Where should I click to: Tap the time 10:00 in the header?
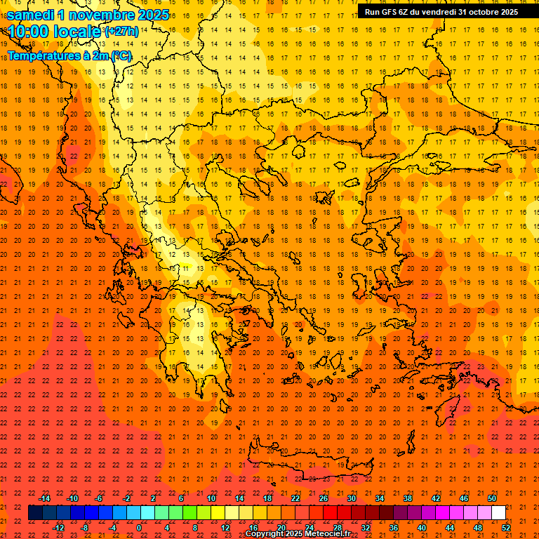pyautogui.click(x=31, y=32)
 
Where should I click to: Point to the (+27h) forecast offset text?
pyautogui.click(x=121, y=32)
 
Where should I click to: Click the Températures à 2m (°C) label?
pyautogui.click(x=69, y=55)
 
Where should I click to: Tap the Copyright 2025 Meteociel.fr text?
pyautogui.click(x=298, y=534)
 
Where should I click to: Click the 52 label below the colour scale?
pyautogui.click(x=506, y=528)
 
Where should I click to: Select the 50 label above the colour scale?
pyautogui.click(x=492, y=498)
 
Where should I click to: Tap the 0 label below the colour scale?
pyautogui.click(x=139, y=528)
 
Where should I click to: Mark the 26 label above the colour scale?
pyautogui.click(x=324, y=498)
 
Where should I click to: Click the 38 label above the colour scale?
pyautogui.click(x=408, y=498)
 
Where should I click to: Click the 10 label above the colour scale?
pyautogui.click(x=211, y=498)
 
